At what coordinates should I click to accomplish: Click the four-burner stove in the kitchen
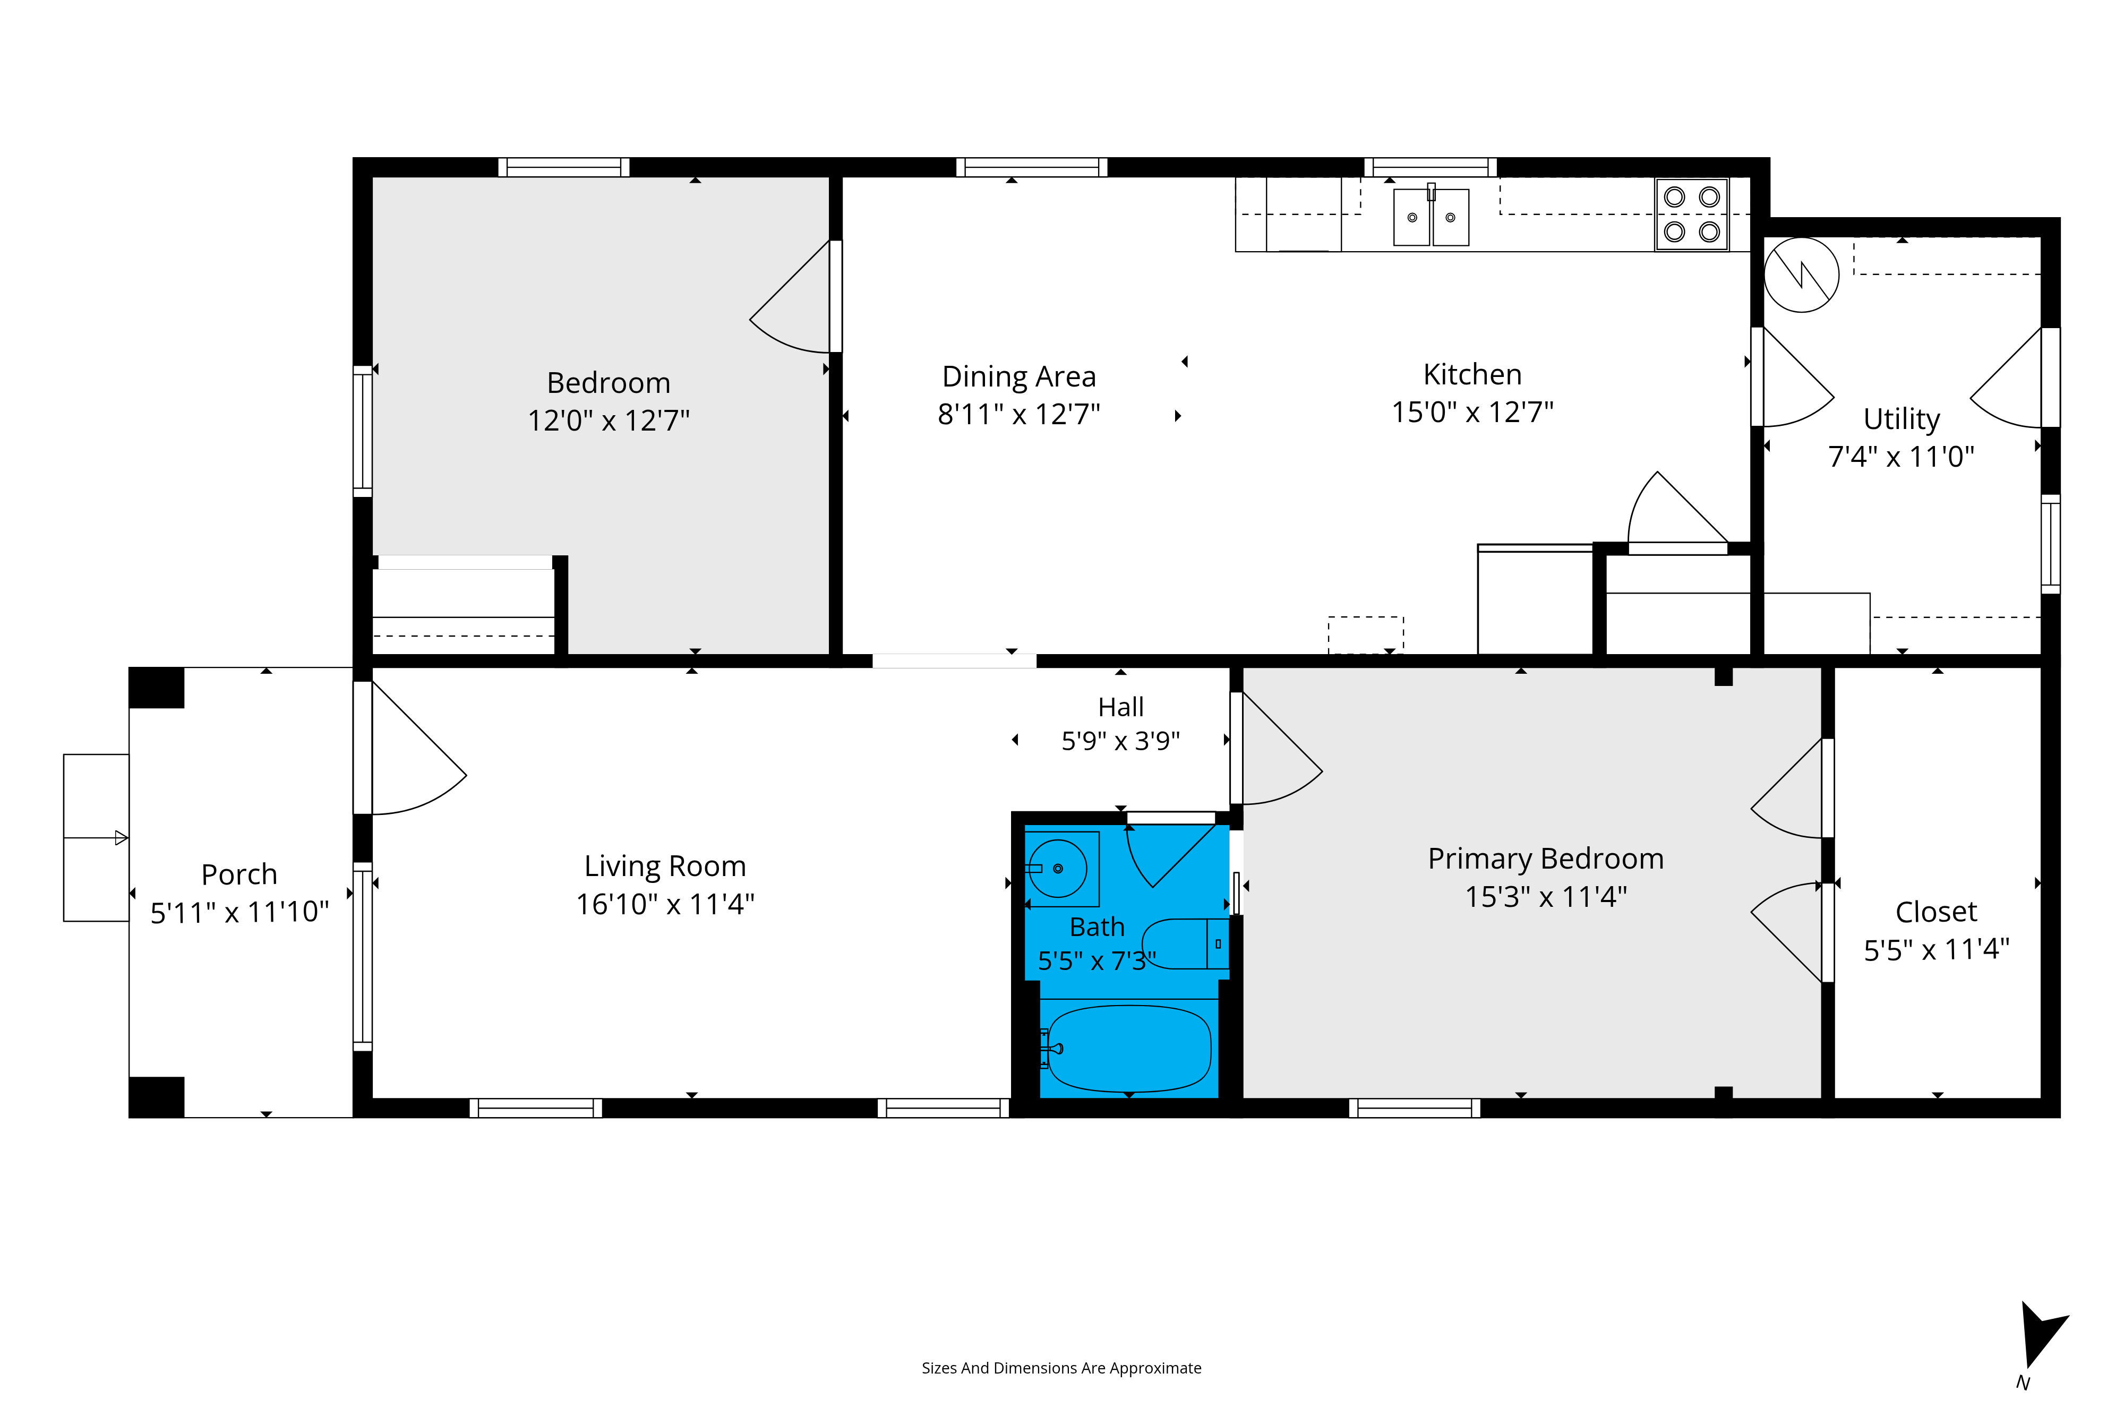[1691, 214]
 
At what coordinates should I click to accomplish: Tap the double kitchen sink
[1432, 217]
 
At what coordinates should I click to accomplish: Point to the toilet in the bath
[1186, 943]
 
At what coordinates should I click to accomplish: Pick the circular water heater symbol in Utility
[1802, 274]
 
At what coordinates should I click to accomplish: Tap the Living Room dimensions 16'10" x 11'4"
[665, 904]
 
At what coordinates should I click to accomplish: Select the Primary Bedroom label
[1546, 859]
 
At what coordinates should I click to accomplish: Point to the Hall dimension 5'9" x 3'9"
[1121, 741]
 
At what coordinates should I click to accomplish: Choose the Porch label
[239, 874]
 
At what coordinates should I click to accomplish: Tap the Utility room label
[1902, 419]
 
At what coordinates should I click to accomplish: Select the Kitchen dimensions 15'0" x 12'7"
[1473, 412]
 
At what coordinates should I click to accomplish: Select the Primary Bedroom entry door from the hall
[1282, 748]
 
